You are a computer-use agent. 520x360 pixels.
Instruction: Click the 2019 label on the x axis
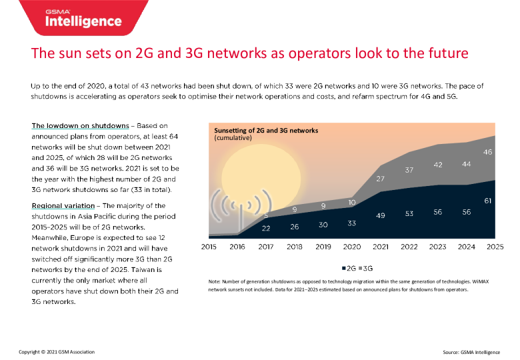323,247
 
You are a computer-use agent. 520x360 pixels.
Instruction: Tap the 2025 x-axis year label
494,247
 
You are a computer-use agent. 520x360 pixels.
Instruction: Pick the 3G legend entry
367,267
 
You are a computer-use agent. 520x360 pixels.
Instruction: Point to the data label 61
488,200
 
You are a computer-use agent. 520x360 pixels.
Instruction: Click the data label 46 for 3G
488,153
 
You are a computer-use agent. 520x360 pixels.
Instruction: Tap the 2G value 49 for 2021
381,216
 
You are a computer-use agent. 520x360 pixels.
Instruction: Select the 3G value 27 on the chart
381,179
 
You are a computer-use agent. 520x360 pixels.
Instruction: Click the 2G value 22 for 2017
266,229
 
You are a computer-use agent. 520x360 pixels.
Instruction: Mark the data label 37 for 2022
409,170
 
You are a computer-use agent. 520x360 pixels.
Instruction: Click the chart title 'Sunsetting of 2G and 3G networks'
275,130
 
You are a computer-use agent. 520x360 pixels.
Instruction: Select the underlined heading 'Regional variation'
65,205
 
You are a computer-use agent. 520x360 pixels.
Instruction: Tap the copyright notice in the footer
57,351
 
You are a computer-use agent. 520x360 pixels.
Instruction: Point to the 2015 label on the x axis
209,247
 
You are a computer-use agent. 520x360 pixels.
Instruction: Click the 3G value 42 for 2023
438,165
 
